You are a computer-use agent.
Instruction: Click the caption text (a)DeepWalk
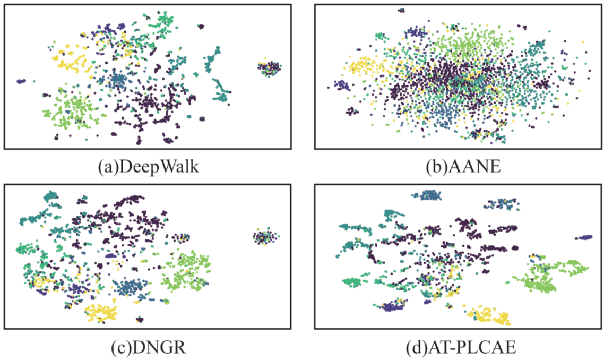[149, 167]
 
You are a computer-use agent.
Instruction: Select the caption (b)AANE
[463, 167]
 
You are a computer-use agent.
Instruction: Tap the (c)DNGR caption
[149, 347]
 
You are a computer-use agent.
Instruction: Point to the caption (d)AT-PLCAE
[461, 347]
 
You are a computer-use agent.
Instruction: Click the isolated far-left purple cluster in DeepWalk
[21, 81]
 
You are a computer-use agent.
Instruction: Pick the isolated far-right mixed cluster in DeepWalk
[269, 68]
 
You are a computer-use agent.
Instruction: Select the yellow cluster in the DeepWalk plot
[71, 59]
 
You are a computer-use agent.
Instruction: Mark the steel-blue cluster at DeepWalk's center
[117, 80]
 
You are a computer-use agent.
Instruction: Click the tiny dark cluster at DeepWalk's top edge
[201, 27]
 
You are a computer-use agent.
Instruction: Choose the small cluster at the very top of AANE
[401, 11]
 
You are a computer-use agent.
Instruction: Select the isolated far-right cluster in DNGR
[265, 236]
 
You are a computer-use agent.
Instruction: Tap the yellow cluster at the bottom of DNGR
[101, 312]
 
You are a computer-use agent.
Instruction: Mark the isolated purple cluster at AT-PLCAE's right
[584, 237]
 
